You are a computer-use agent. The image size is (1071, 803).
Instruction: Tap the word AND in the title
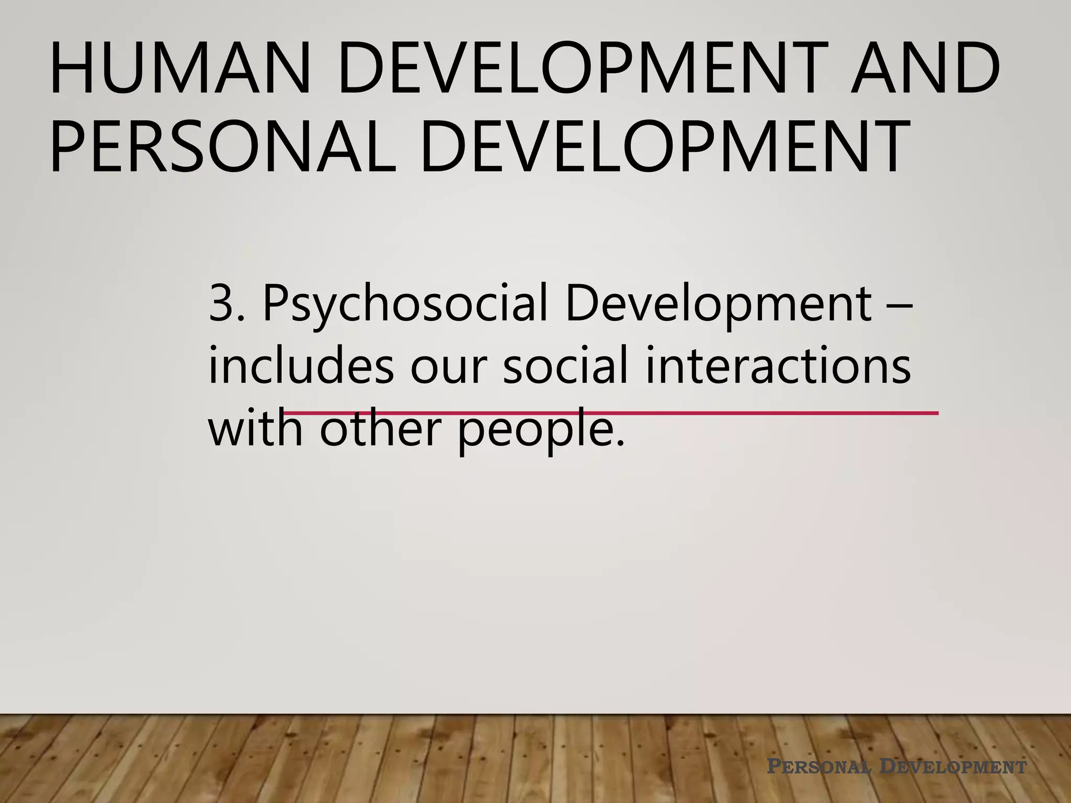pos(925,69)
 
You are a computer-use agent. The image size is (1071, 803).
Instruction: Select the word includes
pos(301,366)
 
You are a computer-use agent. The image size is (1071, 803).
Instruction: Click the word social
pos(565,366)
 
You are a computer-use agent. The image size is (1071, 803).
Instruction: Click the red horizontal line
pos(784,413)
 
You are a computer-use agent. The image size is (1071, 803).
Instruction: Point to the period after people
pos(620,444)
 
